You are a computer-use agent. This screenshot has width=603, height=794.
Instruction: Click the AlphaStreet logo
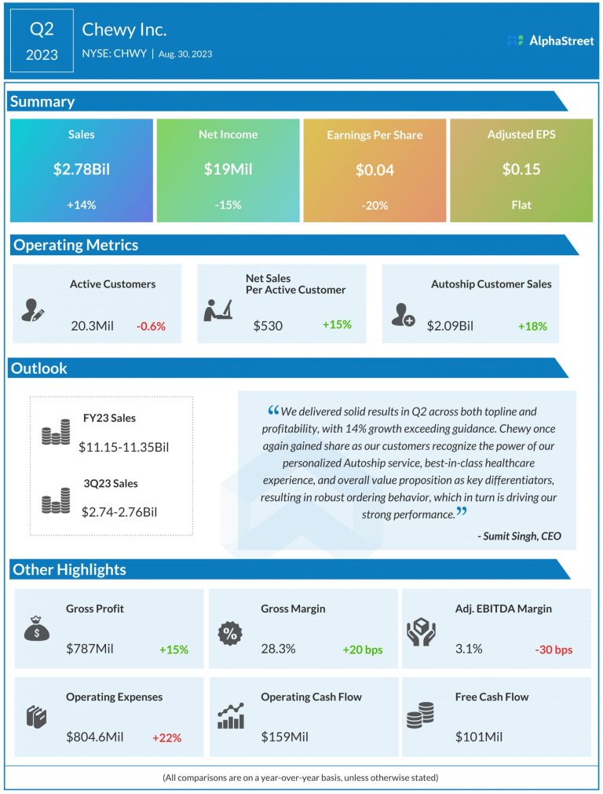[549, 40]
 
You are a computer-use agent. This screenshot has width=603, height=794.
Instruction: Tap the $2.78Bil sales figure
[81, 169]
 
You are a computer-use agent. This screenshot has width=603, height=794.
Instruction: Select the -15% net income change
[228, 205]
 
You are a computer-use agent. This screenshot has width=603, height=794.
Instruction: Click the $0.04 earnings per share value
[375, 170]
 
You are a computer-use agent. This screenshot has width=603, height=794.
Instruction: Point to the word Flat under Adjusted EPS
[521, 205]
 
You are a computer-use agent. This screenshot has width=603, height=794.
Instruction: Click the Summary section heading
[43, 101]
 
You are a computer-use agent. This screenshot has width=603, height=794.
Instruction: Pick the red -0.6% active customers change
[151, 325]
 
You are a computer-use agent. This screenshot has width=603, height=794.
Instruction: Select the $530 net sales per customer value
[268, 324]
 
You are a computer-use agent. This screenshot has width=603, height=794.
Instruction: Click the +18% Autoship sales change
[532, 326]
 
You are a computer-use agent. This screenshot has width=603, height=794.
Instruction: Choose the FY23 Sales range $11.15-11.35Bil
[124, 448]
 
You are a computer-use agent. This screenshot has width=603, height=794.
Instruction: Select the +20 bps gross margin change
[363, 649]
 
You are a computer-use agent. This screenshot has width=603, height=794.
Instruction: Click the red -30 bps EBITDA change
[554, 649]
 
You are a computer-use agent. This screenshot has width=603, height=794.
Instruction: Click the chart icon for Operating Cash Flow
[231, 715]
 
